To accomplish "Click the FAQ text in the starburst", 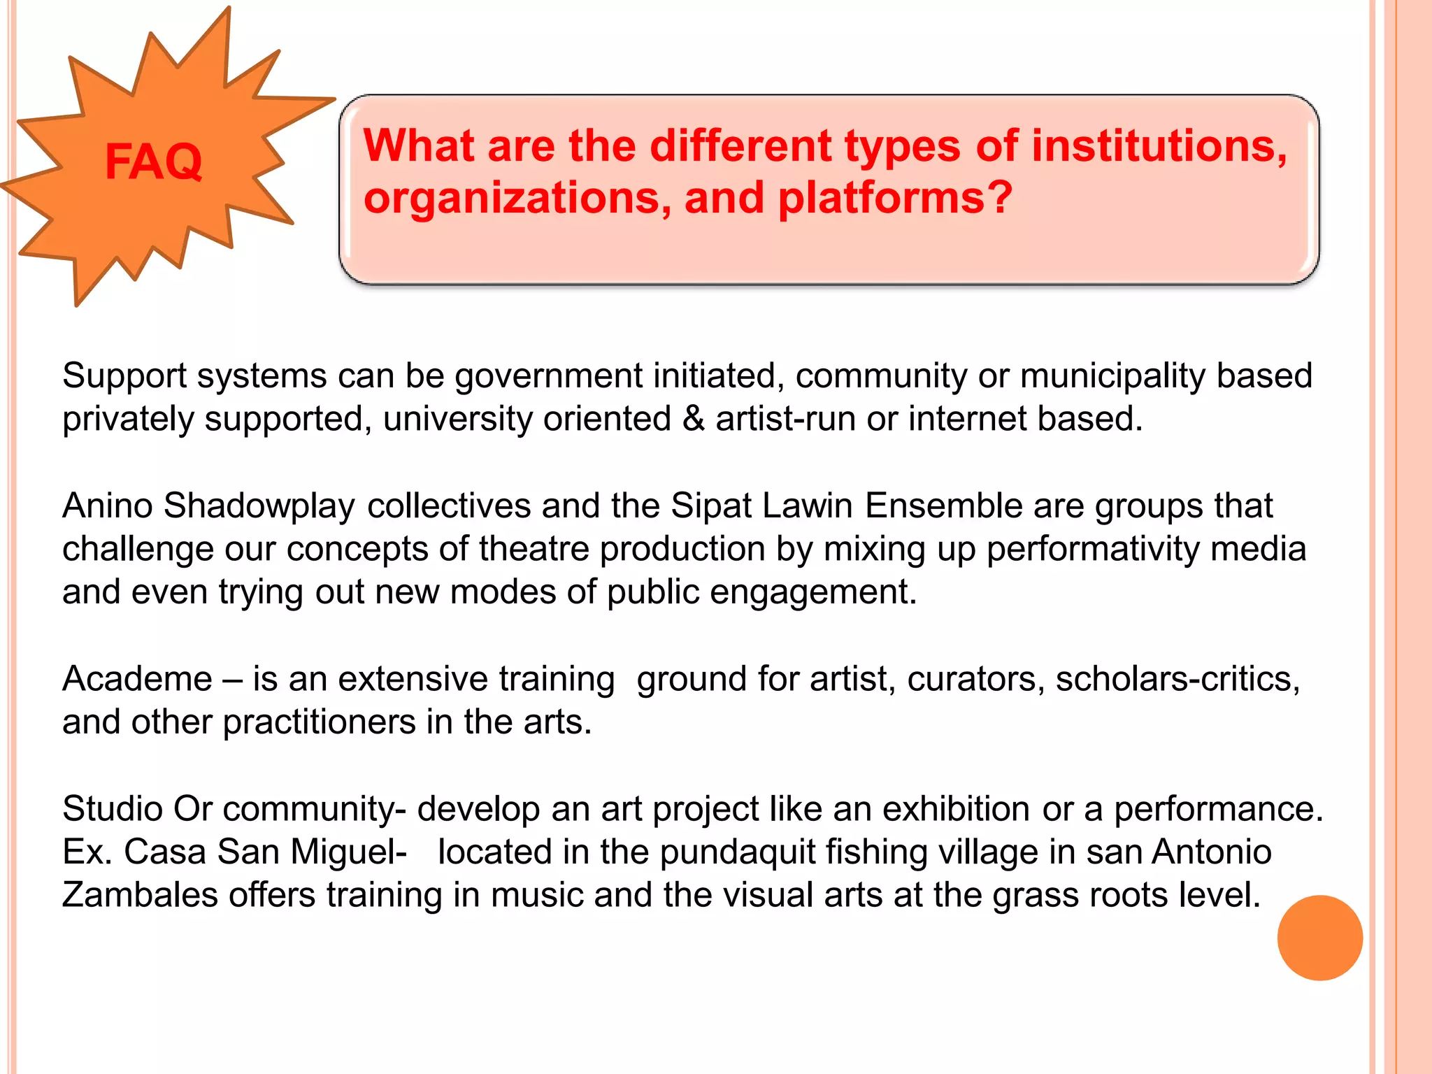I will (x=153, y=162).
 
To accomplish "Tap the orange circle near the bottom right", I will (x=1319, y=938).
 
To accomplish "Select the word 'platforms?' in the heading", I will (x=895, y=199).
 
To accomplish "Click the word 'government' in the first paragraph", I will (x=548, y=376).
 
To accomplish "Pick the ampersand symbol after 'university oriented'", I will (x=693, y=419).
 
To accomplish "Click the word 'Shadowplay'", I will (x=259, y=506).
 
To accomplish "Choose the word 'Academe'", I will (x=137, y=679).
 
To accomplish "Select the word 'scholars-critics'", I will (x=1177, y=679).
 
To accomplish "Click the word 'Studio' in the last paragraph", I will (x=113, y=809).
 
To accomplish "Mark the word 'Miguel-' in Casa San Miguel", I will (x=348, y=852).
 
